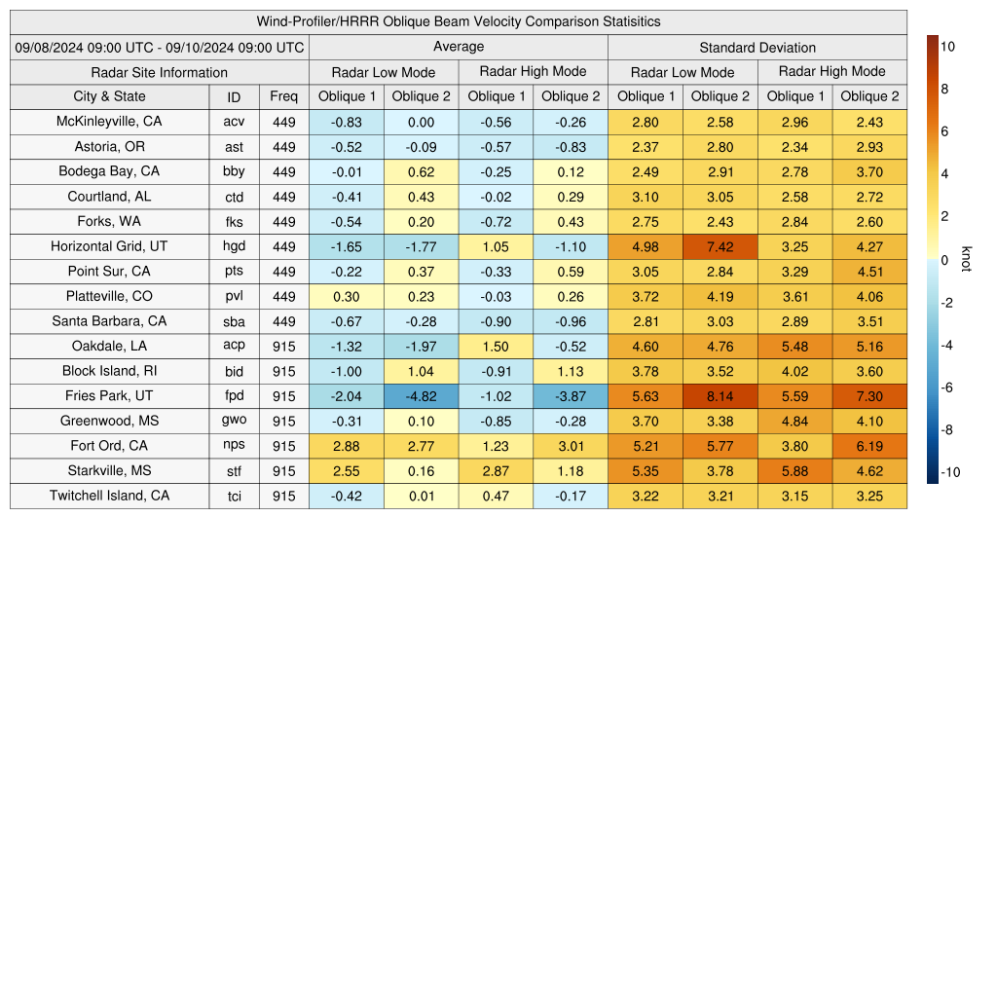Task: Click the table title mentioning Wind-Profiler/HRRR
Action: click(x=459, y=21)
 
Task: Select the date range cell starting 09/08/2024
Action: click(x=160, y=47)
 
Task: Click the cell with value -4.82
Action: click(x=422, y=396)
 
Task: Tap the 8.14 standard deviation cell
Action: click(x=720, y=396)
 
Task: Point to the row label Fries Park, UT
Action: click(x=109, y=396)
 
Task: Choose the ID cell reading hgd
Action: click(x=234, y=246)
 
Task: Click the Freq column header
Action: click(x=284, y=96)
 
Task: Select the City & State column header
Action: click(x=109, y=96)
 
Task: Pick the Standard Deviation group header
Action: click(x=757, y=47)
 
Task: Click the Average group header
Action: click(x=459, y=47)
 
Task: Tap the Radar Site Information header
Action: click(x=160, y=72)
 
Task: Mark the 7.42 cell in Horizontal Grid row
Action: click(x=720, y=246)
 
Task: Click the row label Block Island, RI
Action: click(x=109, y=371)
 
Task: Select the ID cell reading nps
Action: click(x=234, y=446)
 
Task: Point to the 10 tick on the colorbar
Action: click(x=947, y=46)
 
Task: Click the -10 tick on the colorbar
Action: click(x=950, y=472)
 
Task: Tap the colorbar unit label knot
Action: click(x=966, y=259)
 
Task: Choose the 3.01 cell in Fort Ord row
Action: click(x=571, y=446)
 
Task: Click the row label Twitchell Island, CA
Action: click(x=109, y=496)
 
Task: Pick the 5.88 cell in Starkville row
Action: click(x=794, y=471)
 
